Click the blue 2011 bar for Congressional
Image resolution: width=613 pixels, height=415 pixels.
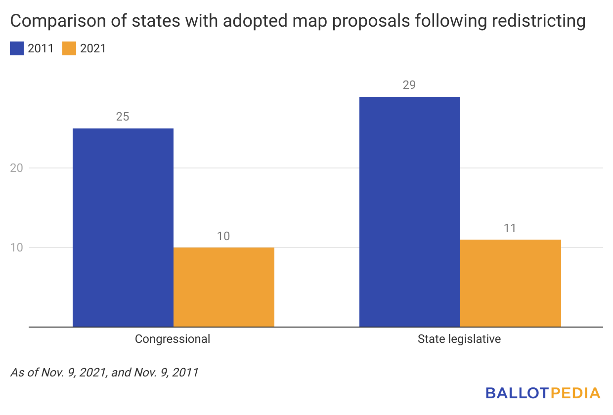point(123,227)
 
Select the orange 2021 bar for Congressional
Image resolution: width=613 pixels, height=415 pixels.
point(223,287)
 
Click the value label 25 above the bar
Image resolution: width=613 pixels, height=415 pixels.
point(123,117)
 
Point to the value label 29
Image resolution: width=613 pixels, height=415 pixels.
point(409,85)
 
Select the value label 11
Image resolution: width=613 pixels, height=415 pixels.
point(510,228)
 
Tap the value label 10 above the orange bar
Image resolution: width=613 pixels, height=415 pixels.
point(223,236)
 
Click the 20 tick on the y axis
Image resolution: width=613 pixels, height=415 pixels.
point(17,168)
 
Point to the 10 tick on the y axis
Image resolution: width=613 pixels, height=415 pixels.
point(17,248)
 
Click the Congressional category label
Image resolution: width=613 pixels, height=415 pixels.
point(173,339)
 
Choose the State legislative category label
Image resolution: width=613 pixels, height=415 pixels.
point(459,339)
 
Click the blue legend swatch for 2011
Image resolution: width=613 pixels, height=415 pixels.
point(16,48)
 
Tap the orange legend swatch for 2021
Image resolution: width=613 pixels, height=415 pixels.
point(69,48)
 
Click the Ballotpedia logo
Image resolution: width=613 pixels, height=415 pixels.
point(542,393)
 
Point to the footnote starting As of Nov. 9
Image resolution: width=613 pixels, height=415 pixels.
point(104,372)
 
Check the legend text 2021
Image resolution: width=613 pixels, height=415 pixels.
point(92,48)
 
